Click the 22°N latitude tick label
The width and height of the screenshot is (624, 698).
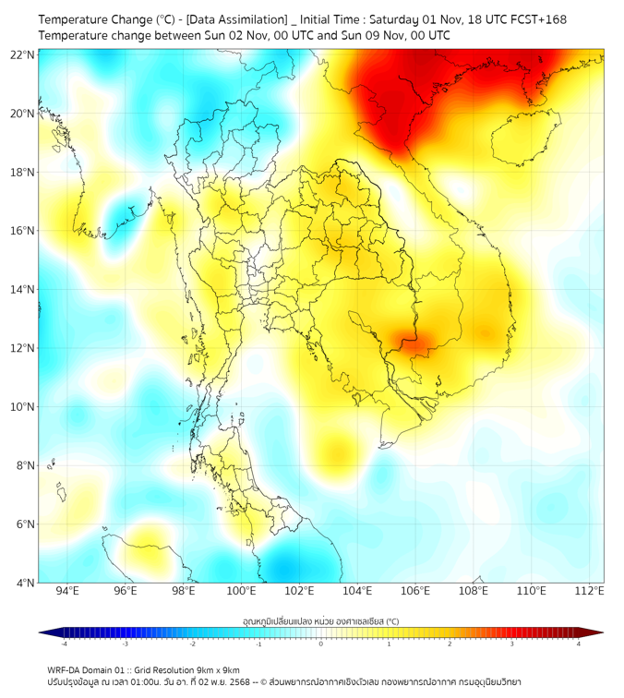tap(23, 54)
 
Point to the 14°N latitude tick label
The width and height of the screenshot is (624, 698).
tap(23, 289)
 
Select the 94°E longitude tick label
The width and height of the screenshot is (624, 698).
tap(67, 591)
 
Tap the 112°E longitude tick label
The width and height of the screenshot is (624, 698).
tap(589, 591)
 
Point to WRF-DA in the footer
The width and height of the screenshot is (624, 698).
tap(65, 670)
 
